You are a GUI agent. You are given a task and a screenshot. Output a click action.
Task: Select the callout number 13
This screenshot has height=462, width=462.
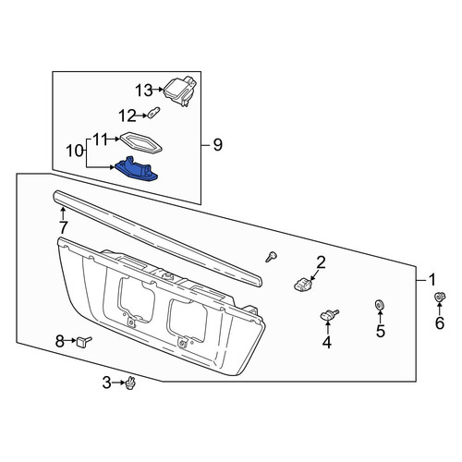point(144,91)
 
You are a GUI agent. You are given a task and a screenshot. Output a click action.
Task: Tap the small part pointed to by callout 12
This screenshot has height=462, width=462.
point(153,112)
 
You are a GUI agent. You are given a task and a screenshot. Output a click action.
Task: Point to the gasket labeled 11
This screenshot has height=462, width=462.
point(140,143)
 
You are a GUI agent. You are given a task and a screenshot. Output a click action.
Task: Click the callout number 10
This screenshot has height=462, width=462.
point(75,152)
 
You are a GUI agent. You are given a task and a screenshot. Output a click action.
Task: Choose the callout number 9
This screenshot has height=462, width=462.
point(217,145)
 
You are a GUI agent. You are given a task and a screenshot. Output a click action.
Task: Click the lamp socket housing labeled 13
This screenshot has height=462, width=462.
point(179,91)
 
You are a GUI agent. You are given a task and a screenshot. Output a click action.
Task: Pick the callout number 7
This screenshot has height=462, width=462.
point(63,228)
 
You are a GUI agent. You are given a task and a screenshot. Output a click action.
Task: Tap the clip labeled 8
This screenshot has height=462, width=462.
point(84,341)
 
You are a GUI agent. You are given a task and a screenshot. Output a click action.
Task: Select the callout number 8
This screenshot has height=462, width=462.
point(60,341)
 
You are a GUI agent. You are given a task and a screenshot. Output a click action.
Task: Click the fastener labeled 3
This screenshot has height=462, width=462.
point(131,383)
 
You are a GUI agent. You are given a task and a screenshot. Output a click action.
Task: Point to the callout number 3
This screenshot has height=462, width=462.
point(106,383)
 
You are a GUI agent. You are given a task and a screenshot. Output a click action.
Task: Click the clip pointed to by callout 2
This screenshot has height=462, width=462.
point(302,285)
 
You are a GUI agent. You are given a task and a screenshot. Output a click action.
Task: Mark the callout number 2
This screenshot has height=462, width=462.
point(321,262)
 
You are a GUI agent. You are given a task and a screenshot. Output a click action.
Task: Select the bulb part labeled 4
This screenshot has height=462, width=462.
point(329,315)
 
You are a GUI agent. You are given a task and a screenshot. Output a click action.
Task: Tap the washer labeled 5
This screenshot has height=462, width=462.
point(379,305)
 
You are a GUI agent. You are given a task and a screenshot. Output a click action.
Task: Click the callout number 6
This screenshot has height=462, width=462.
point(440,323)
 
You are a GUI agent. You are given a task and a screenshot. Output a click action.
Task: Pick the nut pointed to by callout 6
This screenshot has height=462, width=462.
point(440,298)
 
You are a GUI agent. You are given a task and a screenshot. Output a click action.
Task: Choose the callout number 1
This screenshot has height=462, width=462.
point(432,280)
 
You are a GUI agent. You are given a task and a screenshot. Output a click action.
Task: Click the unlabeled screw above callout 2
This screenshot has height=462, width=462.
point(271,256)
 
